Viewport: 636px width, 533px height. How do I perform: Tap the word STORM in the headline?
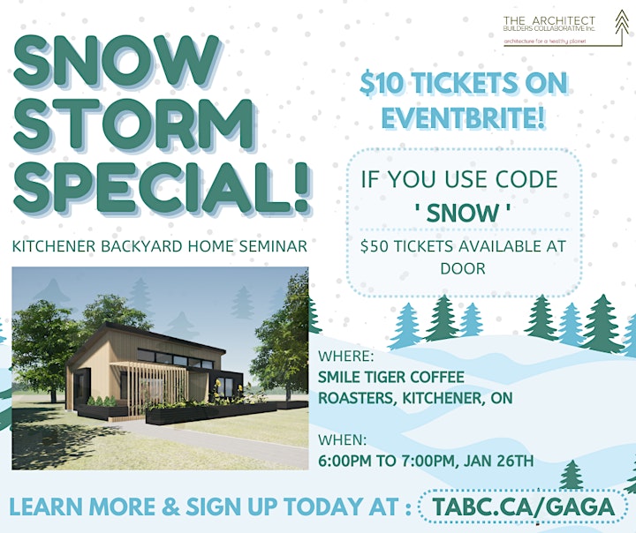click(x=134, y=124)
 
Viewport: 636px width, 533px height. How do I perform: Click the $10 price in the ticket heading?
click(x=382, y=84)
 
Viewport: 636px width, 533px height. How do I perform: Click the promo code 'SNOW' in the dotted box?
click(x=462, y=213)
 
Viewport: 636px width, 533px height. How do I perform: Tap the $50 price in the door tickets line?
click(x=375, y=246)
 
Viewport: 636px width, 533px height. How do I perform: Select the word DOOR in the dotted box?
click(x=463, y=268)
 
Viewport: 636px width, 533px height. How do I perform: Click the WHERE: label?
click(x=346, y=356)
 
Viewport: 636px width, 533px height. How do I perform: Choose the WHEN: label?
click(x=343, y=439)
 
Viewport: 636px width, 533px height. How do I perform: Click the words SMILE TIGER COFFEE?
click(x=391, y=377)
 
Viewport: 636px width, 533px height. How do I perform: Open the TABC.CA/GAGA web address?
click(x=523, y=507)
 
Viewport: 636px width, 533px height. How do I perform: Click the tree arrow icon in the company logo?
click(x=621, y=24)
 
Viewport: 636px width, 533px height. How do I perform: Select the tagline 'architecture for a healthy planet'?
click(x=545, y=41)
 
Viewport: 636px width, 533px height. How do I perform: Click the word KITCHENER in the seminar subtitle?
click(x=54, y=246)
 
